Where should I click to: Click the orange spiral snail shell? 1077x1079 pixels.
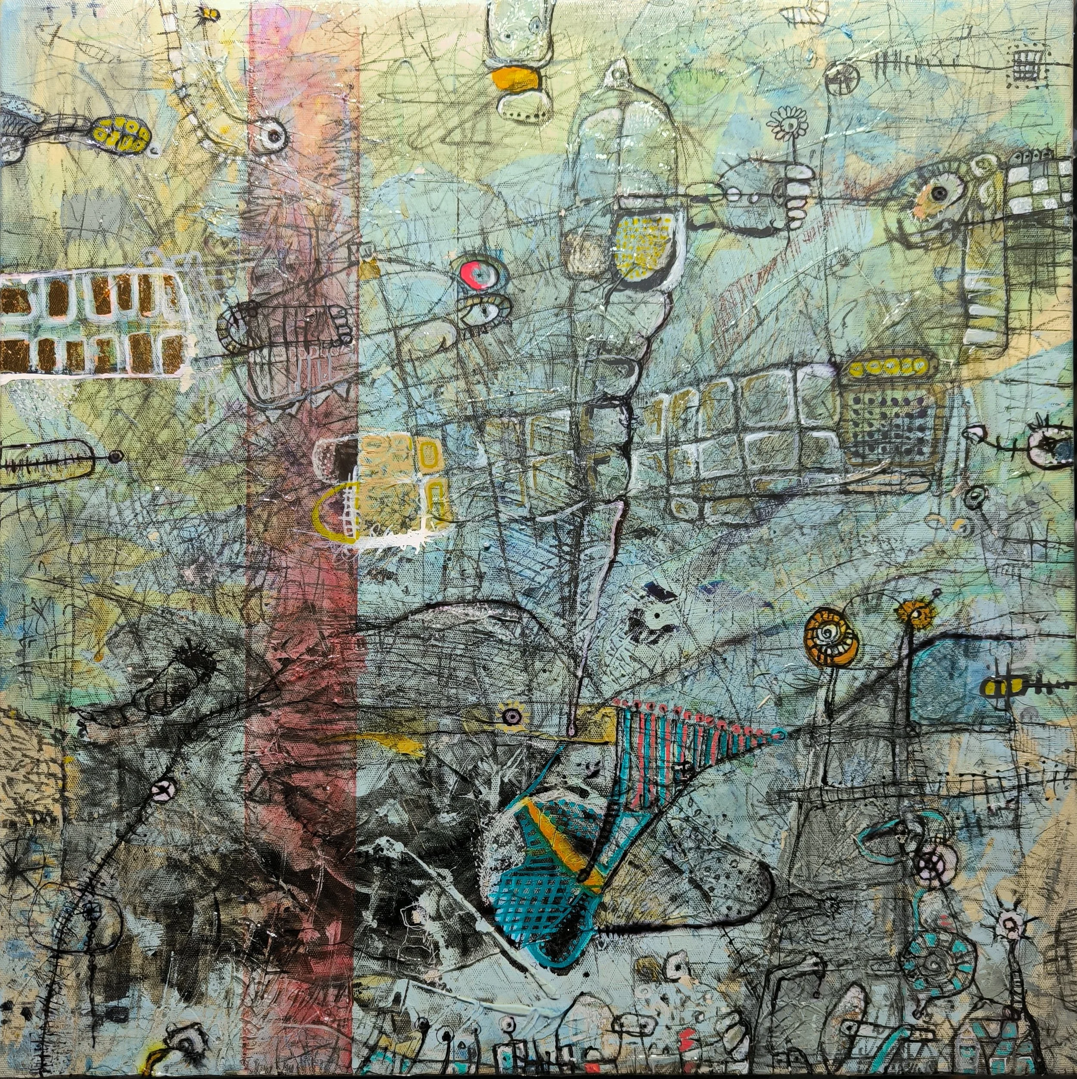coord(825,634)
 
